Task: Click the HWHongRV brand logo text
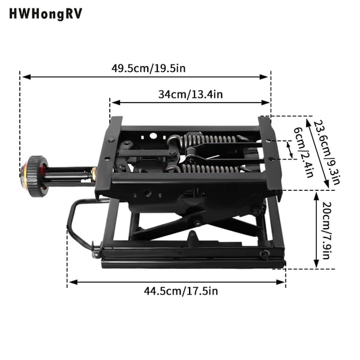coord(46,14)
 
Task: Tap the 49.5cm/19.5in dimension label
coord(148,68)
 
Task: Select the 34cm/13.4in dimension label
coord(190,94)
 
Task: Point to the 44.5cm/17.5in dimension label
coord(181,291)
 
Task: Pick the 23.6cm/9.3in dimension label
coord(326,152)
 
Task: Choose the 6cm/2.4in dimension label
coord(304,152)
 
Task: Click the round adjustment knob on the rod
coord(34,176)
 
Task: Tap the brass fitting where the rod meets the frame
coord(94,171)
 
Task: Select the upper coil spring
coord(209,139)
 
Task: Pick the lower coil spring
coord(209,169)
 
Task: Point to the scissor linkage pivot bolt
coord(197,223)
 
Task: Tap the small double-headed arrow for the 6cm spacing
coord(290,150)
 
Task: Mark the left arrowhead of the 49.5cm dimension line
coord(26,77)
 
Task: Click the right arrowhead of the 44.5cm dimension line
coord(281,282)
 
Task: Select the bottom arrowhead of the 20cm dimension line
coord(317,264)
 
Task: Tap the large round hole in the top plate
coord(153,136)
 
